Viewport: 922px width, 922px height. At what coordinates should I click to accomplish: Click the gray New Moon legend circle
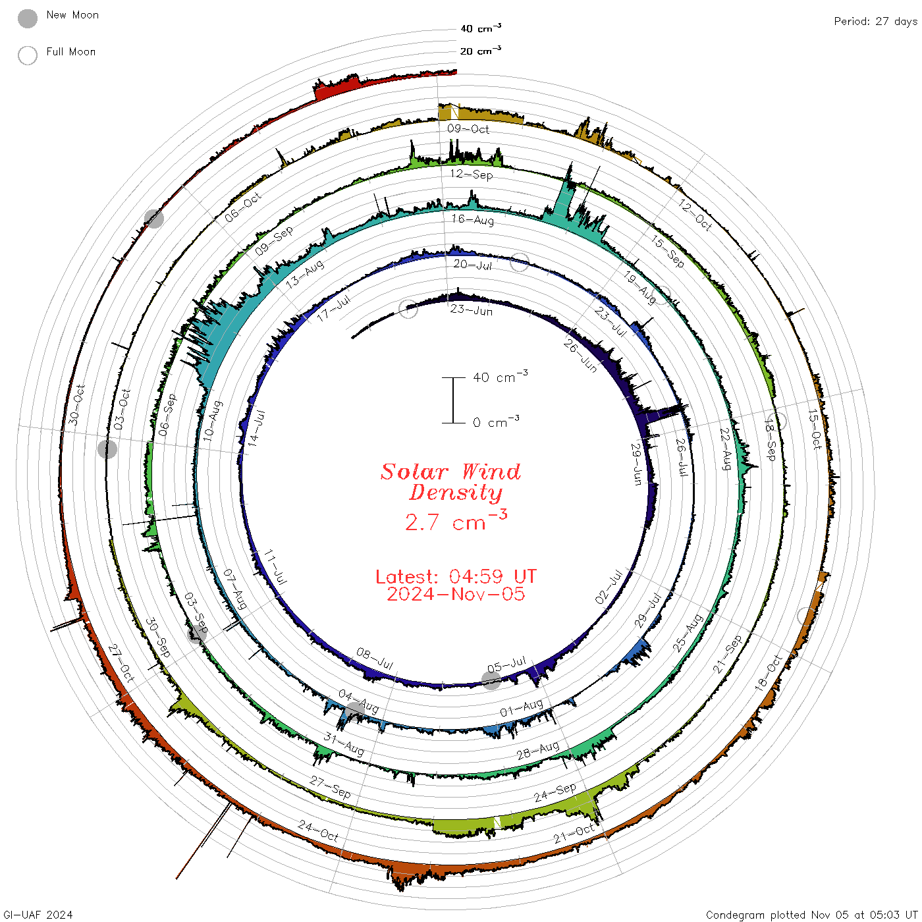click(x=28, y=18)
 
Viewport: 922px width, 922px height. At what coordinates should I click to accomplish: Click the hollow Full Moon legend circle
click(x=28, y=55)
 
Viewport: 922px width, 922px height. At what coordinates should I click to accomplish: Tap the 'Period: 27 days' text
click(x=875, y=22)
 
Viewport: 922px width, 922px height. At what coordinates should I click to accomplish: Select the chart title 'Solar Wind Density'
click(x=450, y=482)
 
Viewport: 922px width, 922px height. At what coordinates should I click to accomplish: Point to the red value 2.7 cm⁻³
click(x=456, y=521)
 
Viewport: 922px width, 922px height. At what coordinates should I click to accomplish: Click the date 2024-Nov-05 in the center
click(x=456, y=594)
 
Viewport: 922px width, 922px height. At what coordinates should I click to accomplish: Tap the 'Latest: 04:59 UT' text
click(x=456, y=576)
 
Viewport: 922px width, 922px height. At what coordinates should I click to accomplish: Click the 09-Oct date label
click(x=468, y=128)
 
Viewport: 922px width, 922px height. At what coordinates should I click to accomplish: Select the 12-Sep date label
click(x=472, y=174)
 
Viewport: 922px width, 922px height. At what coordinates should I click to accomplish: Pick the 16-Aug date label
click(x=473, y=219)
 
